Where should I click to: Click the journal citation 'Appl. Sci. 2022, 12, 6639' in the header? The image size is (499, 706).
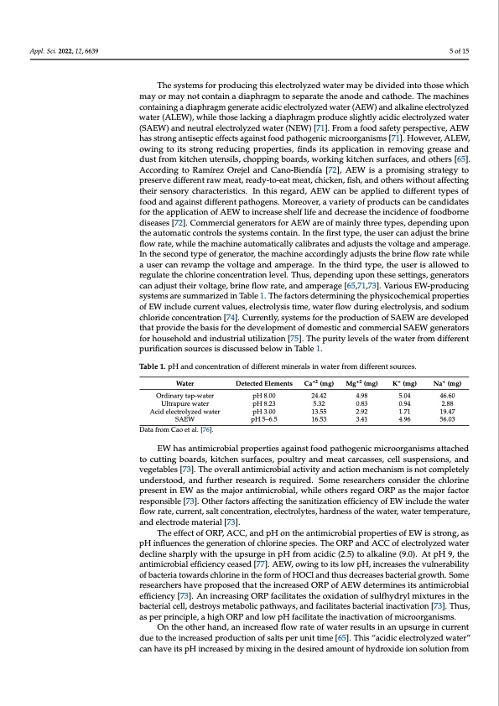click(x=64, y=52)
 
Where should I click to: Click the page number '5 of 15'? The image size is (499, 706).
click(x=460, y=52)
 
